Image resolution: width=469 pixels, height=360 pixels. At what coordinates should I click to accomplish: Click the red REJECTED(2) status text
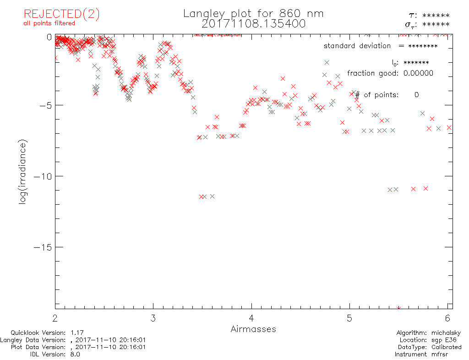pos(61,14)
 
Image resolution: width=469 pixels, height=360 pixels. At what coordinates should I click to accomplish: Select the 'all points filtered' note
pos(49,23)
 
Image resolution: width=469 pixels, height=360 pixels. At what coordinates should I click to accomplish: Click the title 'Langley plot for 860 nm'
pos(253,14)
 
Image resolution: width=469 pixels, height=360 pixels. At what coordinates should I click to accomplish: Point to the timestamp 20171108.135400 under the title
pos(253,24)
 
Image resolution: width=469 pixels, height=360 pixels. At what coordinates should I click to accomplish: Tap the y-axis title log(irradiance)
pos(23,172)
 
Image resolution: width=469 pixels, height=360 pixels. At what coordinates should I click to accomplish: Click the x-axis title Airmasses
pos(253,329)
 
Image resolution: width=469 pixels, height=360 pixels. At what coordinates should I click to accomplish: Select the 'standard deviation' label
pos(357,46)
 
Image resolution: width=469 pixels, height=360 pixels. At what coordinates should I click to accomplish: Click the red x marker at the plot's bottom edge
pos(398,308)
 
